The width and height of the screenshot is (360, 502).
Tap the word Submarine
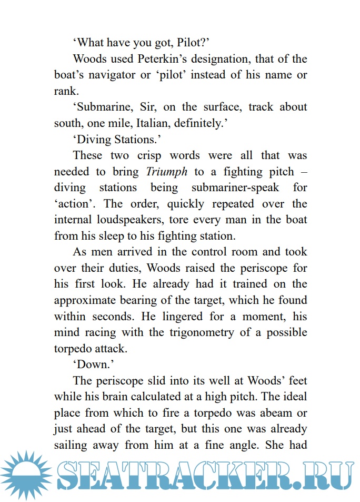coord(102,106)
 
